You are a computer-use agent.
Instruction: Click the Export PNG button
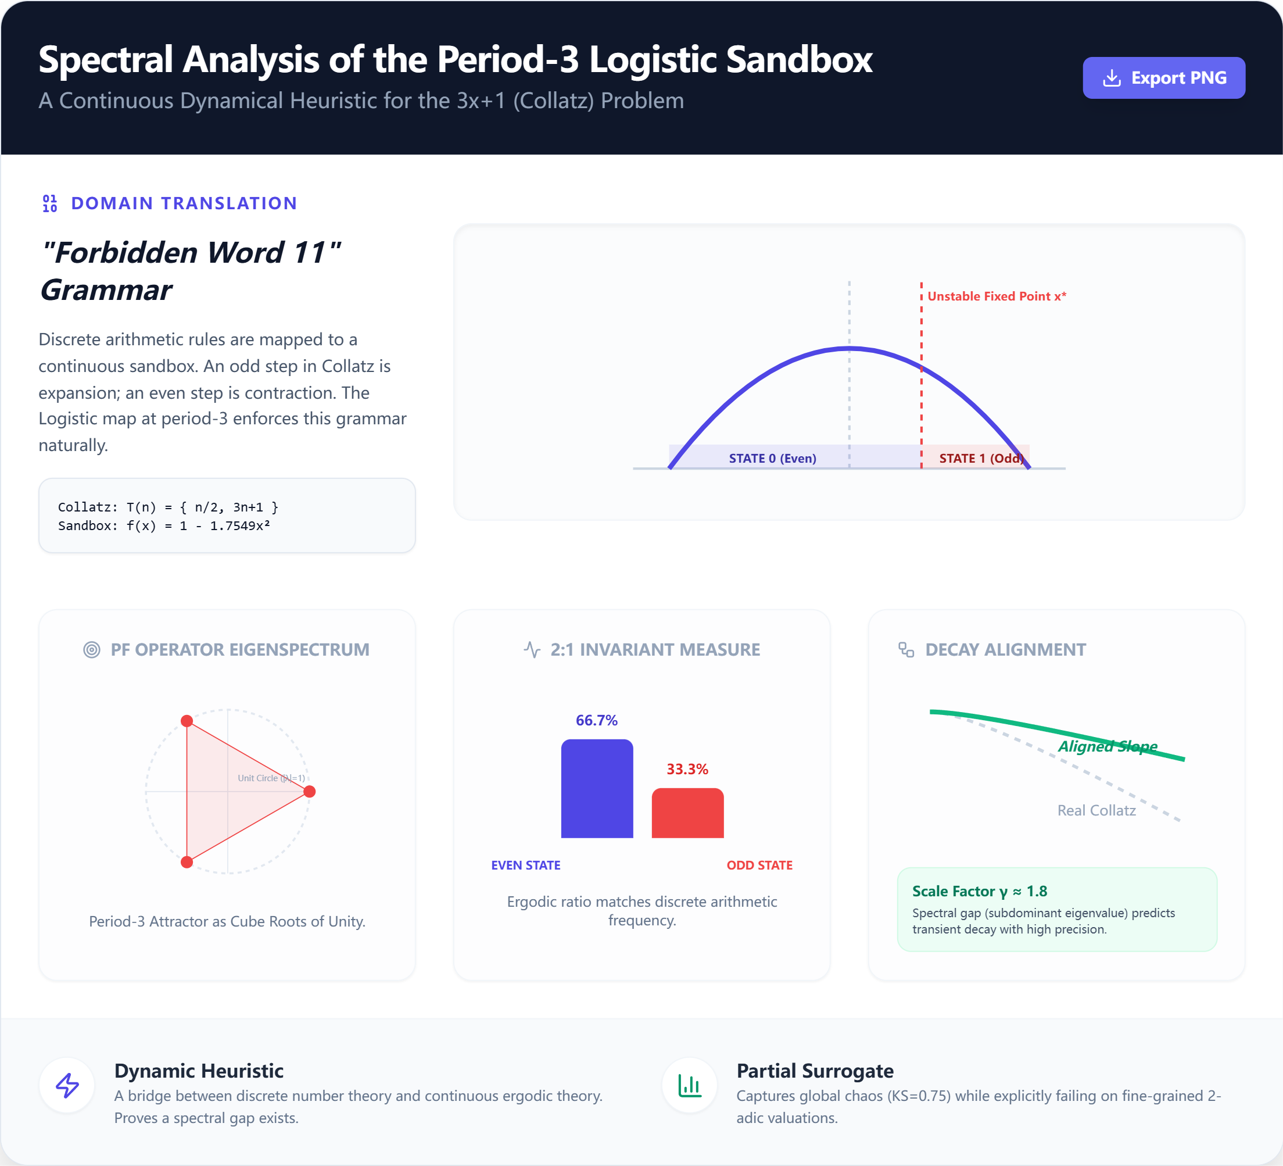click(1163, 78)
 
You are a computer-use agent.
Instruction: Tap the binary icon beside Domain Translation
click(49, 203)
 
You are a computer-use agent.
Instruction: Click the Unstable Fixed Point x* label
click(997, 296)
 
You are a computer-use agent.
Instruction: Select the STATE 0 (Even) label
click(772, 458)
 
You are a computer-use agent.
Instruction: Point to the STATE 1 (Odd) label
click(981, 458)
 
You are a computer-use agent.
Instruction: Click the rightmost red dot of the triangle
click(309, 791)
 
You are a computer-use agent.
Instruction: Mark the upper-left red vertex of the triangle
click(187, 721)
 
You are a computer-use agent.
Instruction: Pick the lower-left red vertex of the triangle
click(187, 862)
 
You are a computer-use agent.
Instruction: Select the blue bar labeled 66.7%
click(597, 788)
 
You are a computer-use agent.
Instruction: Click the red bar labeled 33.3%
click(687, 813)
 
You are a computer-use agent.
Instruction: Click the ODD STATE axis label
click(759, 865)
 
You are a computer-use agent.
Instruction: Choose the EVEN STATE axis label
click(526, 865)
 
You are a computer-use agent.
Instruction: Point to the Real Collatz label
click(1096, 810)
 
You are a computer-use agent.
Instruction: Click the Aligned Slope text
click(1108, 746)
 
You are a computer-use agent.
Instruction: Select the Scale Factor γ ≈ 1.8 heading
click(980, 891)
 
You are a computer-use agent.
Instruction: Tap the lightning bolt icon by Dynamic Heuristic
click(67, 1085)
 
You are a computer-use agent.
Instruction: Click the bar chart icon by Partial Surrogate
click(689, 1085)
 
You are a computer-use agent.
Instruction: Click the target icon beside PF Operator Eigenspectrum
click(92, 649)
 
